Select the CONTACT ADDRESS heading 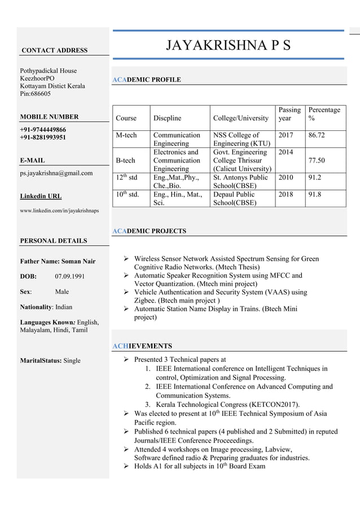(x=54, y=51)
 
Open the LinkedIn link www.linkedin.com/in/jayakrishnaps (x=59, y=210)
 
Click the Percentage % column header (x=324, y=114)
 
